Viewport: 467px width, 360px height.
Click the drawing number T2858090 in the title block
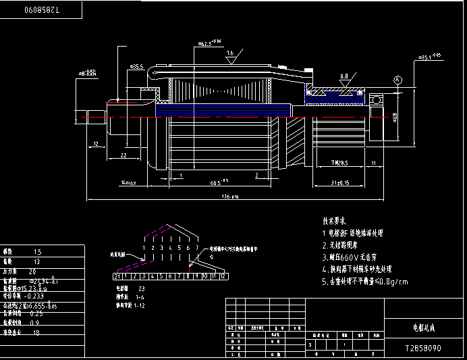click(x=423, y=349)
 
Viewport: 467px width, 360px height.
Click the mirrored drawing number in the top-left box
click(x=42, y=10)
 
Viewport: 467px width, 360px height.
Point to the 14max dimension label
click(x=128, y=182)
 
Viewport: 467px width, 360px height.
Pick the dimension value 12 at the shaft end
click(x=96, y=144)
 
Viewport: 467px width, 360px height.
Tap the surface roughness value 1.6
click(x=230, y=52)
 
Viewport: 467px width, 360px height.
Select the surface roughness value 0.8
click(x=344, y=76)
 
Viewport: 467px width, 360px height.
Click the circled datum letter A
click(x=397, y=80)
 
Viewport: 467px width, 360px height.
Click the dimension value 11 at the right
click(x=374, y=163)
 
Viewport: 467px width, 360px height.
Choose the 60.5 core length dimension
click(x=218, y=182)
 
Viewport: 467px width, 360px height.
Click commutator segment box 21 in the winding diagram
click(x=117, y=276)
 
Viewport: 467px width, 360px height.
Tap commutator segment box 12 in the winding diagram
click(x=221, y=276)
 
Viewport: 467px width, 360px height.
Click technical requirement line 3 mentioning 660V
click(x=352, y=257)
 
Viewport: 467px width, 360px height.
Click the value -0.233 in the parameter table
click(x=34, y=296)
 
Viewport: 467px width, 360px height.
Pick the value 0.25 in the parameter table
click(x=36, y=313)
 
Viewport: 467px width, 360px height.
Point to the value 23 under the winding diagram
click(x=141, y=288)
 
